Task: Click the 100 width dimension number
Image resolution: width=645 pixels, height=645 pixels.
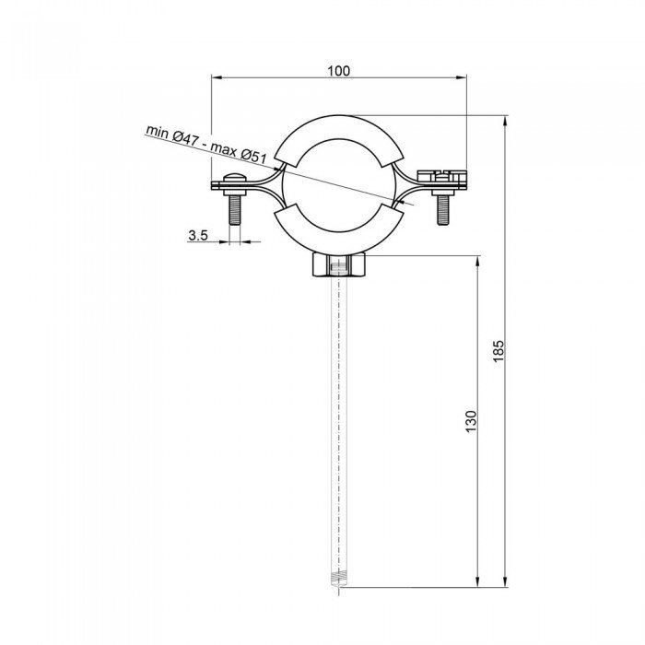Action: point(338,71)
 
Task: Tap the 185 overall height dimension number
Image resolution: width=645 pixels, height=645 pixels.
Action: point(498,350)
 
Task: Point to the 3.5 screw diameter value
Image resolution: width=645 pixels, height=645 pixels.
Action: point(197,236)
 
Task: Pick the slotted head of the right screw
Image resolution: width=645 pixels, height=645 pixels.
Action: point(441,174)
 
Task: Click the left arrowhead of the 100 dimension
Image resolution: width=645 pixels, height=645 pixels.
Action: point(217,80)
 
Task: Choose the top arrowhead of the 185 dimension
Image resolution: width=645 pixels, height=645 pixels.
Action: point(507,121)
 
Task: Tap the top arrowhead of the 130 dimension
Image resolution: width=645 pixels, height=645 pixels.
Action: point(477,261)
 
